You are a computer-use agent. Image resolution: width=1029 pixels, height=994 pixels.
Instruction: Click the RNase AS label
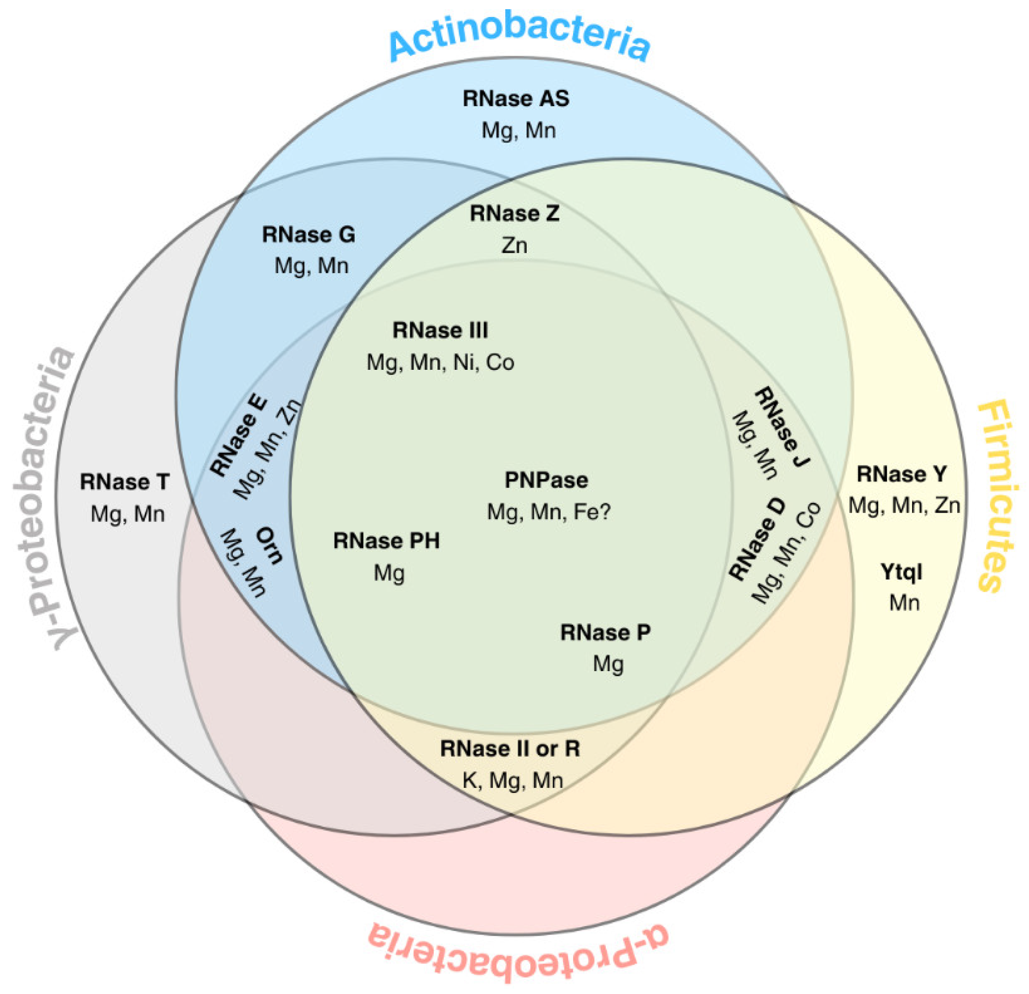click(516, 99)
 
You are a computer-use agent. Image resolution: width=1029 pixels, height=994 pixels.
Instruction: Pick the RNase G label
click(309, 235)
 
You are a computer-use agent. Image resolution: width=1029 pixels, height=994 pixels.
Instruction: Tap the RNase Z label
click(514, 214)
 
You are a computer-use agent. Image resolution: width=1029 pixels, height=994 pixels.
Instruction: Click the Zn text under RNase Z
click(514, 245)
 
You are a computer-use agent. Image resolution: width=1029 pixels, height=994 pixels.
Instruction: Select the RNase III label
click(440, 330)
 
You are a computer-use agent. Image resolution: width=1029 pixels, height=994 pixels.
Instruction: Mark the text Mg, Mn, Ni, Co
click(440, 362)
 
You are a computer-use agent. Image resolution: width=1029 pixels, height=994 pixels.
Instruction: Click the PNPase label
click(546, 480)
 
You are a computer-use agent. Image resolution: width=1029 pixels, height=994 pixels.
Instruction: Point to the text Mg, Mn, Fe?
click(549, 511)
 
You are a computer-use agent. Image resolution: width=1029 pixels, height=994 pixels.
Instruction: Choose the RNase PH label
click(386, 541)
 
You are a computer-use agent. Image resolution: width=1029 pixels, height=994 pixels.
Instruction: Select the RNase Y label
click(902, 474)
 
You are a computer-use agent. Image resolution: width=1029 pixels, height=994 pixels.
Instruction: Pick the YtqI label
click(902, 572)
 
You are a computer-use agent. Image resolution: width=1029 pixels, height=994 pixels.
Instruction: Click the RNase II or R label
click(510, 749)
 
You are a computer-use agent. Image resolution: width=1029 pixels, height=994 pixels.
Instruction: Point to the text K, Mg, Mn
click(512, 780)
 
